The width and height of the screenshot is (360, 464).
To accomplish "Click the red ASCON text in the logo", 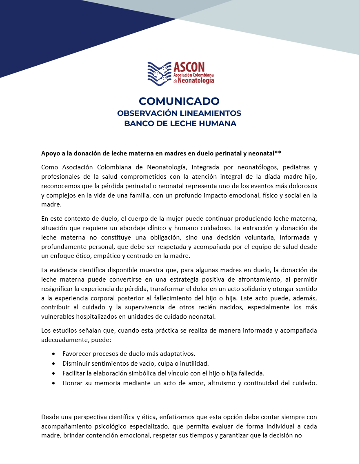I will (189, 67).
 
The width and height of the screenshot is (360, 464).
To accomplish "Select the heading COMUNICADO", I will (179, 101).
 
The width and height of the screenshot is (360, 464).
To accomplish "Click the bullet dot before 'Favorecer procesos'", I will (54, 354).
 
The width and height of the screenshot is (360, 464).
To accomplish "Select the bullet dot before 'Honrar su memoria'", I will (54, 383).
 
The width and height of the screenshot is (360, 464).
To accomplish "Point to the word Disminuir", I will (76, 364).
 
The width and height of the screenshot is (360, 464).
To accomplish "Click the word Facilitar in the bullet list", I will (75, 373).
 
